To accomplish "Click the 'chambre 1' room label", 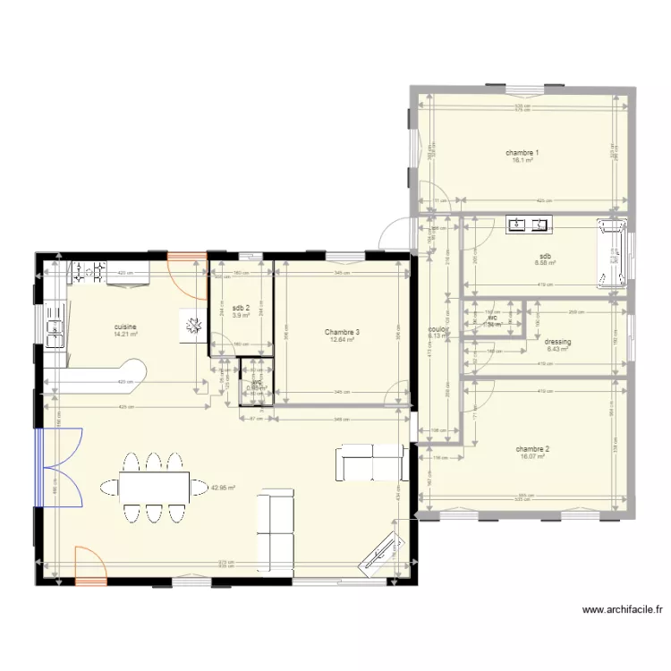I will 522,153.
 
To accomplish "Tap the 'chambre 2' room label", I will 531,448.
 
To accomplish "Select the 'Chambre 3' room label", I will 343,332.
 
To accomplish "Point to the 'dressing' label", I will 557,342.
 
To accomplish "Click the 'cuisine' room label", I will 125,327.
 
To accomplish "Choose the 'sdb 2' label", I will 241,308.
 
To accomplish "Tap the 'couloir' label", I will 438,329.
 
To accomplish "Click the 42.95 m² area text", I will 222,488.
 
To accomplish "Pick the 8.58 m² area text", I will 546,263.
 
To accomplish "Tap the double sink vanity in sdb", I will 529,225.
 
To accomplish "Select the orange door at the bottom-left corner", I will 89,566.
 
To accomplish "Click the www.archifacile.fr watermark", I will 622,610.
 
